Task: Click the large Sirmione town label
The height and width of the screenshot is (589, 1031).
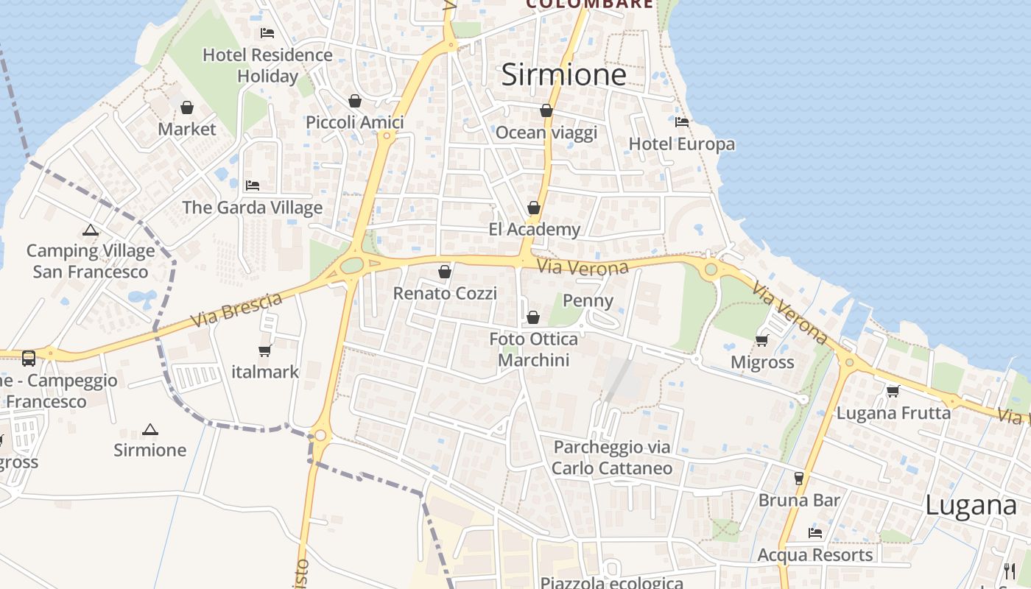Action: (563, 75)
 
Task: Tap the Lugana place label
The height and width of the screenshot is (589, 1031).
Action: (971, 506)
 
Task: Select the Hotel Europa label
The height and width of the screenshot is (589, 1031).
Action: (682, 144)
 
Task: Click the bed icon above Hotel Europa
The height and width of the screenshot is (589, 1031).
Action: (682, 122)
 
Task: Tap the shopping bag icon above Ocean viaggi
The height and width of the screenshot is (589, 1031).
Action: (546, 111)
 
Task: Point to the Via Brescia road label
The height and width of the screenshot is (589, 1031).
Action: (236, 311)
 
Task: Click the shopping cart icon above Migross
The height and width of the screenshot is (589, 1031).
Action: (762, 340)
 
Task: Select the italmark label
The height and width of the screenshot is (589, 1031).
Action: (265, 372)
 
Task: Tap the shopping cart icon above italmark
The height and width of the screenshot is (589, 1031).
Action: (265, 350)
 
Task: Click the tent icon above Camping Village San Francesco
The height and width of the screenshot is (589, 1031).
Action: (91, 230)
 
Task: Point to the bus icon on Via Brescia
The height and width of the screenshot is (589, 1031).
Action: (29, 359)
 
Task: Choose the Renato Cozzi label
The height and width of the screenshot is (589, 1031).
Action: (445, 293)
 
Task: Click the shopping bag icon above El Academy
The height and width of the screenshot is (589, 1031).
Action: (534, 208)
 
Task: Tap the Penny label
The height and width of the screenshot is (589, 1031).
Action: (588, 300)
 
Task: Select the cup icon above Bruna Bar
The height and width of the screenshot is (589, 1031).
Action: (799, 479)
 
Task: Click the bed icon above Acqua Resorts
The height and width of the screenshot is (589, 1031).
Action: (815, 533)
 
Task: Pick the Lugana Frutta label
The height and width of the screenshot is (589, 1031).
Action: (893, 413)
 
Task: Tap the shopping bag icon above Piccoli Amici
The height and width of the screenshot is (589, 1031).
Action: (355, 101)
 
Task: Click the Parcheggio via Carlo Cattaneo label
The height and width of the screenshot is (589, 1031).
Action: (612, 457)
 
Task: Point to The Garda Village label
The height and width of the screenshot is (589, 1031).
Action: (253, 208)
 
